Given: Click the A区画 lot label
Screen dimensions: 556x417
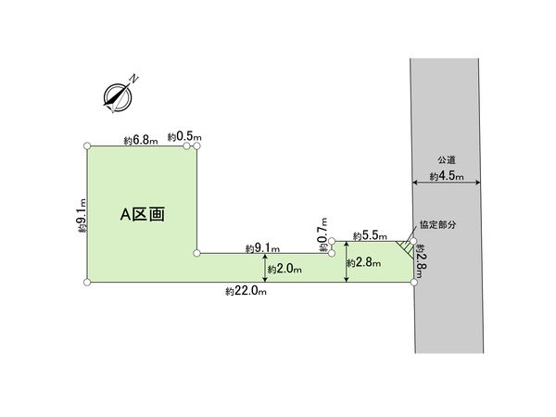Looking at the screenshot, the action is click(x=142, y=215).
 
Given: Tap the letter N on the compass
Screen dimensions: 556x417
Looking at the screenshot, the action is click(x=133, y=79).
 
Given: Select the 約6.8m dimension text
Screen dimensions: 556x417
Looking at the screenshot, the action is click(x=141, y=141).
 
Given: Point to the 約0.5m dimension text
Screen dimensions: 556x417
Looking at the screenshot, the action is click(x=184, y=136).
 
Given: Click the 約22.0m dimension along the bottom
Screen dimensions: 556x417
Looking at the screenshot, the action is click(x=246, y=292).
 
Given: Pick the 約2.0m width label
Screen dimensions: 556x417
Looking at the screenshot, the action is click(x=284, y=270).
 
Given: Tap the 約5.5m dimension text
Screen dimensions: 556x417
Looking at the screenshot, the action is click(x=370, y=235).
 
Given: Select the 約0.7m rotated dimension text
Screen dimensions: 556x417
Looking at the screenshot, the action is click(x=323, y=234).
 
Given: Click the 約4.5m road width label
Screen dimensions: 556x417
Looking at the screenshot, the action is click(x=447, y=176).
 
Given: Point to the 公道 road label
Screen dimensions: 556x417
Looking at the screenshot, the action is click(x=447, y=160).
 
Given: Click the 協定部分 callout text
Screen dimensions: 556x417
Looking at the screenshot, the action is click(x=438, y=224).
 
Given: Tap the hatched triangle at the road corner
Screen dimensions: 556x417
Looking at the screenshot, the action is click(x=407, y=248).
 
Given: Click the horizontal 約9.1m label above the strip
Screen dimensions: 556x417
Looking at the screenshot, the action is click(x=262, y=248).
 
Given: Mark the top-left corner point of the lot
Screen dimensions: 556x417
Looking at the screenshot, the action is click(x=87, y=146).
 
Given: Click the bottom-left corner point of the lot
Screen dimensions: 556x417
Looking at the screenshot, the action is click(x=87, y=283).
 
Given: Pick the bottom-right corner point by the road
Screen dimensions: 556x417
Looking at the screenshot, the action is click(x=414, y=283).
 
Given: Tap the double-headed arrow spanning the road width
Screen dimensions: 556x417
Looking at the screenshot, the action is click(x=447, y=183).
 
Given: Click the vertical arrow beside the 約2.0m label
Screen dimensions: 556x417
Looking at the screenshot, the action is click(x=266, y=268).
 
